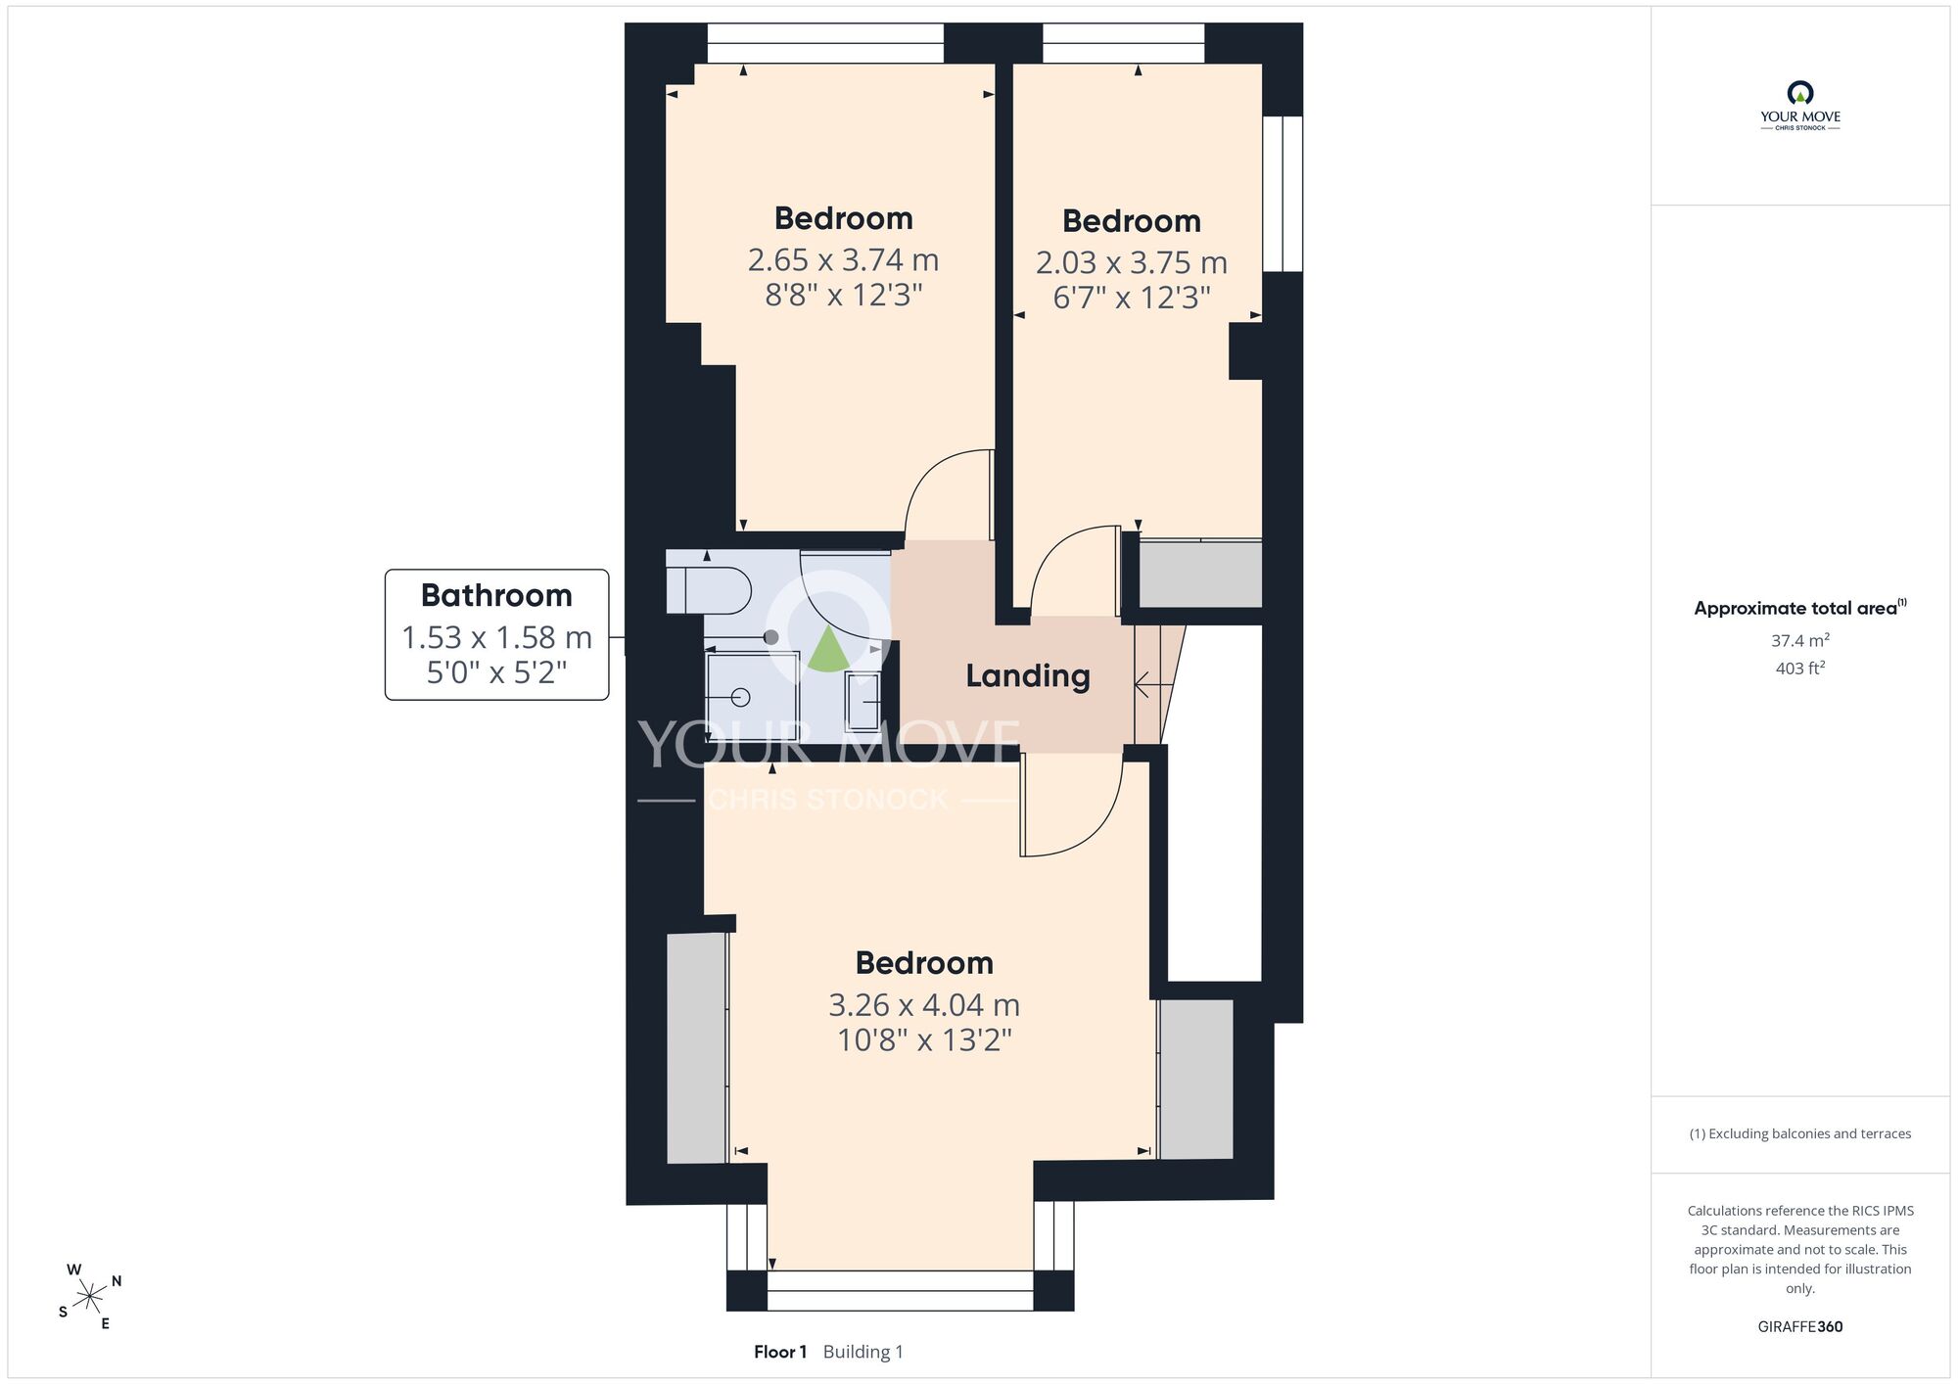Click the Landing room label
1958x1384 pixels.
1028,676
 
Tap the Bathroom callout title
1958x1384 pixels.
496,595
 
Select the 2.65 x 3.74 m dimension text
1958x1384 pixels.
843,260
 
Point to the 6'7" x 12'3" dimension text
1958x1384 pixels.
1132,298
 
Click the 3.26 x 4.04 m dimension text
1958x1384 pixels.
924,1005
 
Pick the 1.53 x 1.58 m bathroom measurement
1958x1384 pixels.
496,638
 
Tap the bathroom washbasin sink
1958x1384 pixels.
862,702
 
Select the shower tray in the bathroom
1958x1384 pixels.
752,696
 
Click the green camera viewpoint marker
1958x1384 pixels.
828,652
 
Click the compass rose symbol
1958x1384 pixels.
90,1298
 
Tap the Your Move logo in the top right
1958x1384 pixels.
1799,106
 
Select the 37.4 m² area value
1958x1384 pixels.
1799,641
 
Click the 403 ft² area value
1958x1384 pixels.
1799,669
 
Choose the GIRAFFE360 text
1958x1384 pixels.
1799,1327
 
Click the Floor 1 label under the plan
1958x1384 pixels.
780,1352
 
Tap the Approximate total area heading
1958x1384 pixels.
1799,608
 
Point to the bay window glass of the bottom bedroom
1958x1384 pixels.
900,1290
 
